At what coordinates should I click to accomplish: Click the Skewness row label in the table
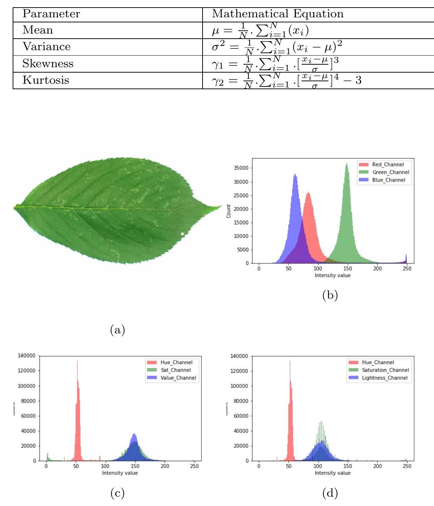coord(48,64)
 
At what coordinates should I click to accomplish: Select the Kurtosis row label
coord(46,80)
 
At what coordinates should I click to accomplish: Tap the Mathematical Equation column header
coord(277,14)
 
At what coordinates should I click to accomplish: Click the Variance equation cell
coord(277,47)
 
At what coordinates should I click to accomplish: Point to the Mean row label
coord(38,30)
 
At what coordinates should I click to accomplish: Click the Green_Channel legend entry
coord(391,172)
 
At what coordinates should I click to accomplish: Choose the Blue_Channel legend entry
coord(388,180)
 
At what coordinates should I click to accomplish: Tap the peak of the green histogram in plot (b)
coord(347,164)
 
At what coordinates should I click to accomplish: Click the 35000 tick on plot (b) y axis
coord(241,168)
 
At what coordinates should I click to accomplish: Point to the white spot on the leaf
coord(182,234)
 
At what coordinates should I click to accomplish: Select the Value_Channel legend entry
coord(178,378)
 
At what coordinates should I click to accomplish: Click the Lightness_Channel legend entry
coord(384,378)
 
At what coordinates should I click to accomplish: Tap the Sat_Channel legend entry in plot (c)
coord(175,370)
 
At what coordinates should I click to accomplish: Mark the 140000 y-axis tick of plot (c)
coord(26,356)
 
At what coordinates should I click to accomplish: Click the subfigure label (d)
coord(330,493)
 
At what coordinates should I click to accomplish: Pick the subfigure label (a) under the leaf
coord(117,329)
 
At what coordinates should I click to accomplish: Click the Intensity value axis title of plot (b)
coord(332,275)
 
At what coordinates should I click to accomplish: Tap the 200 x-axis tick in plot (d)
coord(377,466)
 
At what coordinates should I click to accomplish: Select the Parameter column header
coord(51,14)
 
